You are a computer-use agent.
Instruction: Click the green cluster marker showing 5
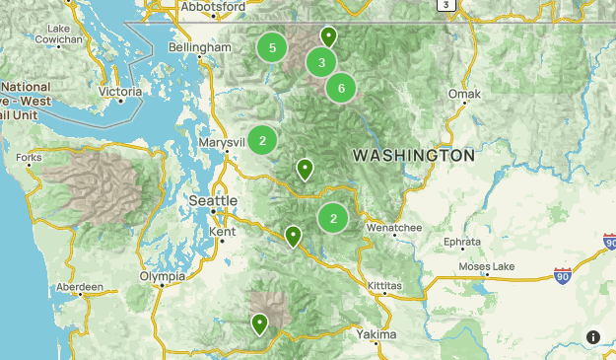click(x=272, y=47)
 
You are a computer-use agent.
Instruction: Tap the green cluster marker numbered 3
click(x=321, y=63)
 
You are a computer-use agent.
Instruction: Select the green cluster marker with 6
click(x=341, y=88)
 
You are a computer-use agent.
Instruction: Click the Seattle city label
click(x=213, y=200)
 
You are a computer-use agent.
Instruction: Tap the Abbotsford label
click(x=212, y=7)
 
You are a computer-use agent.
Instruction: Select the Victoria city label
click(x=120, y=92)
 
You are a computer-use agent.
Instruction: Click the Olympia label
click(x=162, y=277)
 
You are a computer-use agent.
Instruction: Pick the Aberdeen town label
click(x=80, y=287)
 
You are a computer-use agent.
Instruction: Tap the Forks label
click(x=29, y=158)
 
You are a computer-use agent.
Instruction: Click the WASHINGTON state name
click(x=413, y=156)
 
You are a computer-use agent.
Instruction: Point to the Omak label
click(x=463, y=95)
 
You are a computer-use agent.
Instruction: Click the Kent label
click(x=222, y=232)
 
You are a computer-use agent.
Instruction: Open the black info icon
click(x=593, y=337)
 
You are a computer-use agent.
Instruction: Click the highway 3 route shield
click(x=448, y=5)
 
